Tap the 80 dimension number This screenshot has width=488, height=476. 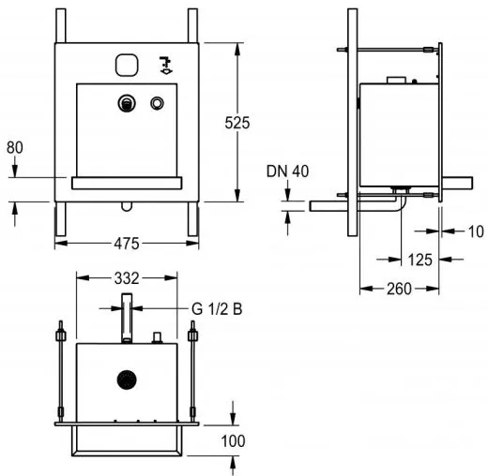pos(15,147)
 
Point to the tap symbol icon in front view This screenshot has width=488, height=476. pos(163,64)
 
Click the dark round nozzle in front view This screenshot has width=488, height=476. pos(125,104)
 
